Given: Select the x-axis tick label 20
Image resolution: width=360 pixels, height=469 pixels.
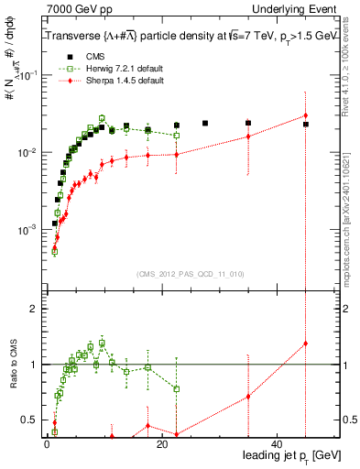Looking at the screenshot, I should coord(162,442).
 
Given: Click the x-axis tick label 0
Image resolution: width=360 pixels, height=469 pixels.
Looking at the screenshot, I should coord(46,442).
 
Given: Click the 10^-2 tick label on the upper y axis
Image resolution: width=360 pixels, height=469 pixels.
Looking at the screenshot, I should coord(26,153).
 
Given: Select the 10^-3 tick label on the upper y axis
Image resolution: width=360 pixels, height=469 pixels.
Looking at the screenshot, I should coord(26,229).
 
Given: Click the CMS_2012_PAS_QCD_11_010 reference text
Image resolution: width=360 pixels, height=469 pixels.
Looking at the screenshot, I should coord(191,273).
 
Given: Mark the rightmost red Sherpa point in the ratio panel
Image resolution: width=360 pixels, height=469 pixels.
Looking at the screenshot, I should coord(306,344).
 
